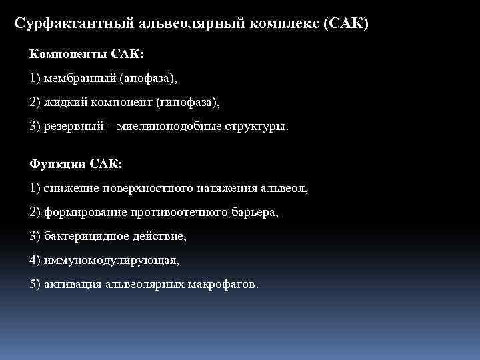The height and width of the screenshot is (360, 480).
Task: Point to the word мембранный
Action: pyautogui.click(x=79, y=78)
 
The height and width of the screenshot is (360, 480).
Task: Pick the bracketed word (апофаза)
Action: pyautogui.click(x=149, y=78)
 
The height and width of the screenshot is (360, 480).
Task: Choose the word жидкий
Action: pyautogui.click(x=63, y=102)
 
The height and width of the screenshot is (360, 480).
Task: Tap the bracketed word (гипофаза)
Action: pyautogui.click(x=187, y=102)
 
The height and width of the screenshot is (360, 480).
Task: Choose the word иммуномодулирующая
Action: pyautogui.click(x=111, y=261)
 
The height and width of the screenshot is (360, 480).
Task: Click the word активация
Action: pyautogui.click(x=72, y=285)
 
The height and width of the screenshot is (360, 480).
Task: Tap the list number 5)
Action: pyautogui.click(x=35, y=285)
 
